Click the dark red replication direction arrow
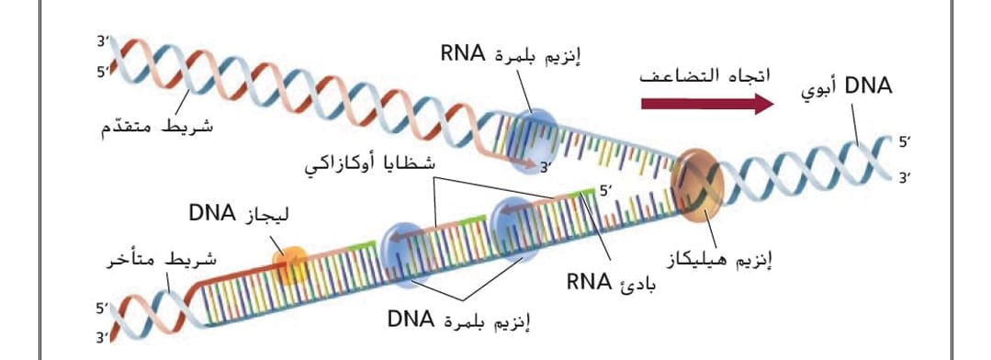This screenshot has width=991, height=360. (707, 103)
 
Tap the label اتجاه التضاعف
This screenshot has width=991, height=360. (705, 76)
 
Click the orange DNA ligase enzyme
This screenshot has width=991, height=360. (290, 264)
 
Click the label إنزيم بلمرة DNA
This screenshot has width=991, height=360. (459, 320)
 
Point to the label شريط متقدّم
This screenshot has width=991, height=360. (157, 127)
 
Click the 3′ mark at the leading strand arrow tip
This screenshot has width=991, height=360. (546, 168)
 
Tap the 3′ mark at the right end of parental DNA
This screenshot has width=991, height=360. (906, 179)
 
